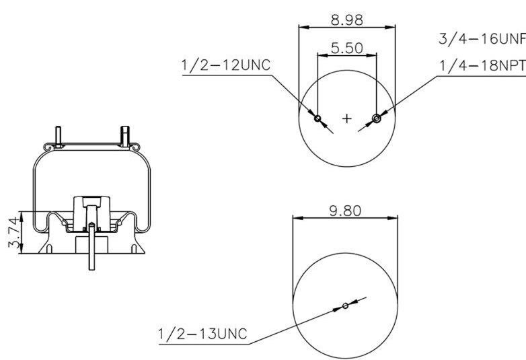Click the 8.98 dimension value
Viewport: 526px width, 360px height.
click(x=347, y=20)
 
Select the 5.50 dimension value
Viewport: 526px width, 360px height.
click(x=347, y=48)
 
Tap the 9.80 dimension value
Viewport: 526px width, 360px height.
click(x=345, y=211)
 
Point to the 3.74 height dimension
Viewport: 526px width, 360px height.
click(x=13, y=232)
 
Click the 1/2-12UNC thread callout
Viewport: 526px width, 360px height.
click(x=226, y=65)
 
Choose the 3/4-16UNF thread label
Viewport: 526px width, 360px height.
click(x=482, y=39)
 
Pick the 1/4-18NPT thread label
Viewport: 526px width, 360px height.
click(x=482, y=65)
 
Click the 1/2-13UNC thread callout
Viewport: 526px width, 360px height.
click(x=202, y=334)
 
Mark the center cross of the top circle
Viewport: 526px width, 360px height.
click(x=347, y=118)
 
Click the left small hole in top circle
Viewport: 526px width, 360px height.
click(x=317, y=118)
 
